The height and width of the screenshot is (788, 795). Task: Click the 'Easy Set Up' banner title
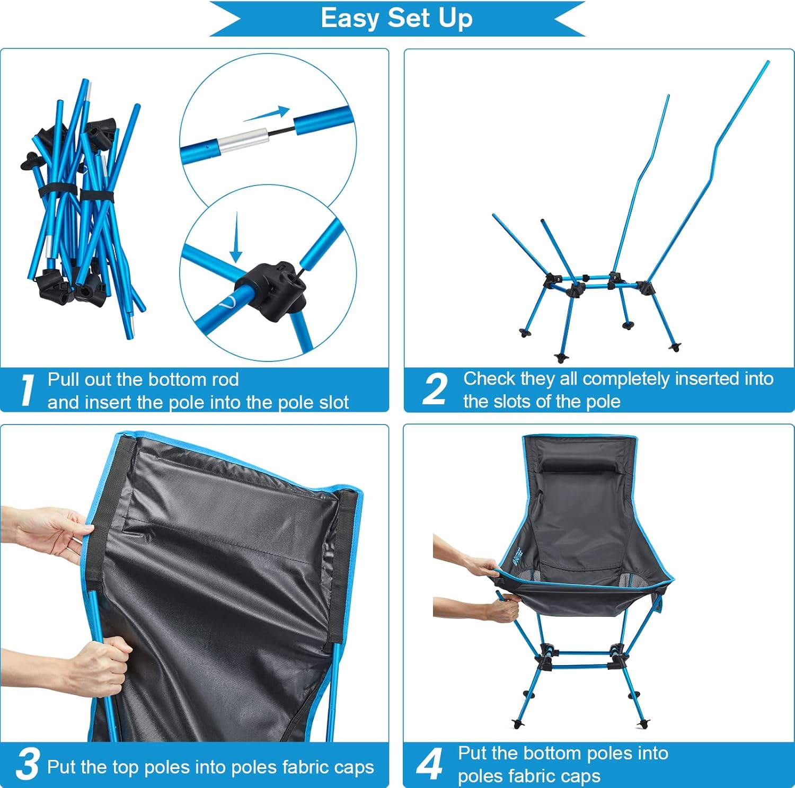point(396,18)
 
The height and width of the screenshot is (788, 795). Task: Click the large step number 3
point(27,764)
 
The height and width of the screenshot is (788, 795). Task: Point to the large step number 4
point(429,764)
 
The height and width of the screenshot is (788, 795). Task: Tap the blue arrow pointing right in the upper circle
point(268,114)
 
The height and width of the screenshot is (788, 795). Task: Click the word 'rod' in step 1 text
point(225,379)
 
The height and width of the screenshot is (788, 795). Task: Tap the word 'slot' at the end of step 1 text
point(334,402)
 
